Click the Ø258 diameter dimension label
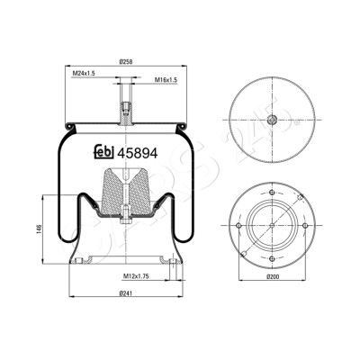(126, 62)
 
